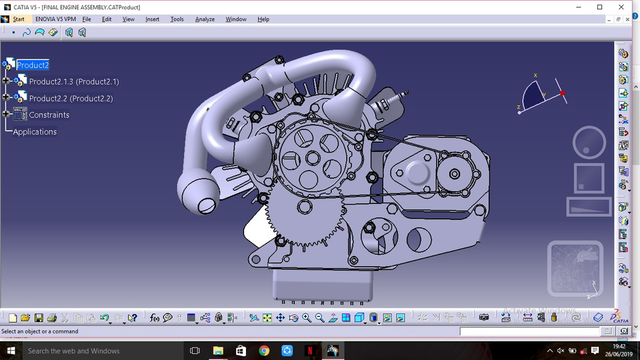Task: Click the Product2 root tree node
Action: (x=33, y=65)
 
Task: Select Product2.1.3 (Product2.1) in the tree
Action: (x=73, y=82)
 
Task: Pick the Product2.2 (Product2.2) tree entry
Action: (x=71, y=99)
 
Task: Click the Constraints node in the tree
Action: (x=49, y=115)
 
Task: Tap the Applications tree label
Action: (x=35, y=132)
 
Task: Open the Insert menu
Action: (x=152, y=19)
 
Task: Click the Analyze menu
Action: (x=205, y=19)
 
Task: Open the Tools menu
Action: (x=177, y=19)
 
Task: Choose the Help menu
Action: (x=263, y=19)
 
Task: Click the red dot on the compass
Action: (x=563, y=93)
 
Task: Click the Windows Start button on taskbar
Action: (x=11, y=351)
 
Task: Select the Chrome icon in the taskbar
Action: (x=264, y=351)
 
